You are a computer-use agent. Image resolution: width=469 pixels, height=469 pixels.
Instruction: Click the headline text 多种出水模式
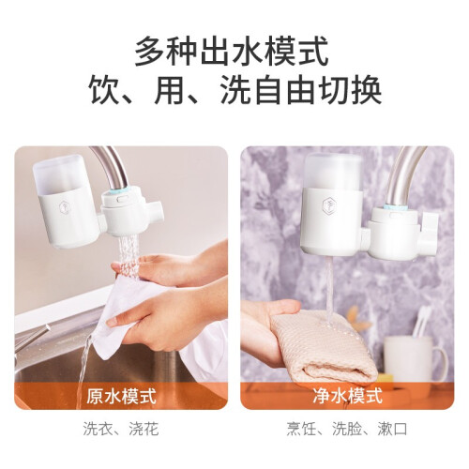click(232, 52)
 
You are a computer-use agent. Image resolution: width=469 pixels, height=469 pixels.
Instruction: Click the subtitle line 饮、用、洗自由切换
click(235, 90)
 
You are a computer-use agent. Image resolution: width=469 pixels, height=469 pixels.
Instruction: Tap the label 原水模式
click(121, 396)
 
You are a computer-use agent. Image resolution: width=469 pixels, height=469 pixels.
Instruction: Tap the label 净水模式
click(347, 396)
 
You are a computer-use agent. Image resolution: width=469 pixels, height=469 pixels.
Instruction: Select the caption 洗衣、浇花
click(121, 429)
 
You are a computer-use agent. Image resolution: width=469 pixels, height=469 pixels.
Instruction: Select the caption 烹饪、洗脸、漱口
click(347, 429)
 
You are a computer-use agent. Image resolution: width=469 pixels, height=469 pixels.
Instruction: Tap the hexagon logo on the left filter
click(64, 205)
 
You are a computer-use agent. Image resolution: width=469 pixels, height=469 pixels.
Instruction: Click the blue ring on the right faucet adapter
click(396, 208)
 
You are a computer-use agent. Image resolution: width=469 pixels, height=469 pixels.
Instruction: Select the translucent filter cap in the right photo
click(333, 172)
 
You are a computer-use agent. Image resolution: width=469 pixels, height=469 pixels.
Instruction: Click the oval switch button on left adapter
click(121, 199)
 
